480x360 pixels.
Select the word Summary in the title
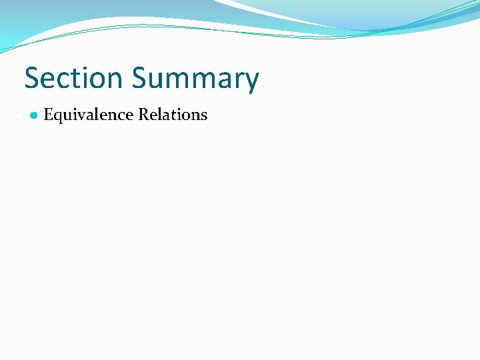pos(195,79)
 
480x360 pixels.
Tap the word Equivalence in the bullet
pos(89,115)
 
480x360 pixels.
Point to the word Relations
pos(173,115)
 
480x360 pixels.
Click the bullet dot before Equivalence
pos(33,115)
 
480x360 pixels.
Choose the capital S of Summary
pos(139,78)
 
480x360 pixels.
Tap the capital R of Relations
pos(143,115)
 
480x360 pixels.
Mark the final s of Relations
pos(203,115)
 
